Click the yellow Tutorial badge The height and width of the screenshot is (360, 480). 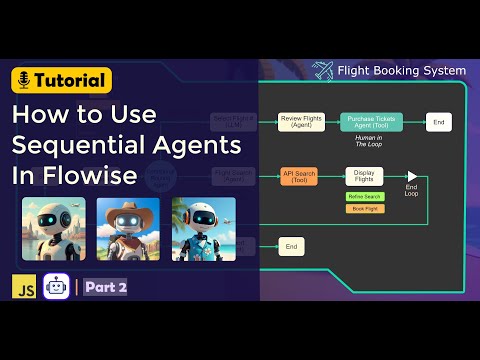pos(62,80)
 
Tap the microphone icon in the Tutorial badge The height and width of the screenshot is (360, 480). pos(24,80)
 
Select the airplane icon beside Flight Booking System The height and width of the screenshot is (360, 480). pos(322,71)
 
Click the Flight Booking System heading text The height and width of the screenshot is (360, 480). pos(401,71)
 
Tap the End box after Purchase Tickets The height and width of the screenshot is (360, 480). pos(437,122)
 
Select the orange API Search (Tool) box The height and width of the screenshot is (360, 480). pos(298,177)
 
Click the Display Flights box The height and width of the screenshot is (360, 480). pos(364,177)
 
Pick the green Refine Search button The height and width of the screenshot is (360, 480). pos(364,196)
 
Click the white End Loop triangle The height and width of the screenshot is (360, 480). pos(411,176)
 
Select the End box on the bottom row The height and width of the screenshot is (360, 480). pos(291,245)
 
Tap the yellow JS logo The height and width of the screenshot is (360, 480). pos(23,286)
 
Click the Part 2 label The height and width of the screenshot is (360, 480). pos(105,287)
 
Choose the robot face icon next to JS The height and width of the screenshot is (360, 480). pos(56,286)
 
